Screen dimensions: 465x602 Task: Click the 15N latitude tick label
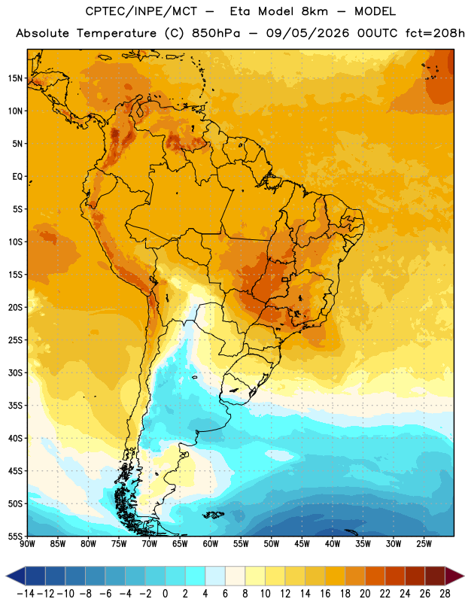15,78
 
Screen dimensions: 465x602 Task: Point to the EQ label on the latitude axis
17,177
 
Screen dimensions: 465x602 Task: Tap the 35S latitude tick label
15,406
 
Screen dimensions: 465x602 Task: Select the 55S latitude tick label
15,536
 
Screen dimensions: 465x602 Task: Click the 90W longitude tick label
27,544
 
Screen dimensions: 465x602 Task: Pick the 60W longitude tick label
211,544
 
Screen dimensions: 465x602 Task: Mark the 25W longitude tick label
424,544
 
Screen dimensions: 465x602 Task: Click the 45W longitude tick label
302,544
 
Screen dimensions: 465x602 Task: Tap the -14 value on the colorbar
26,594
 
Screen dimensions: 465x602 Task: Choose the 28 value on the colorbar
445,594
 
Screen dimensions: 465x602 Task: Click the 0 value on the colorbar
166,594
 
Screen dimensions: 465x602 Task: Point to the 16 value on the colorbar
325,594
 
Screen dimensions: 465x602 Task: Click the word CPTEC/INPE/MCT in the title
141,11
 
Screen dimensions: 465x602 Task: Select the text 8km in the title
315,11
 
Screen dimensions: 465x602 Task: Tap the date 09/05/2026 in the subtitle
308,33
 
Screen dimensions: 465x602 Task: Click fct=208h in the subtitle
435,33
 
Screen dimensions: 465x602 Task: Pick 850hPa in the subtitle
216,33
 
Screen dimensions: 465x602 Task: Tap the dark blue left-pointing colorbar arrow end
15,576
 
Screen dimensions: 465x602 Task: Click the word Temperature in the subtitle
117,34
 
